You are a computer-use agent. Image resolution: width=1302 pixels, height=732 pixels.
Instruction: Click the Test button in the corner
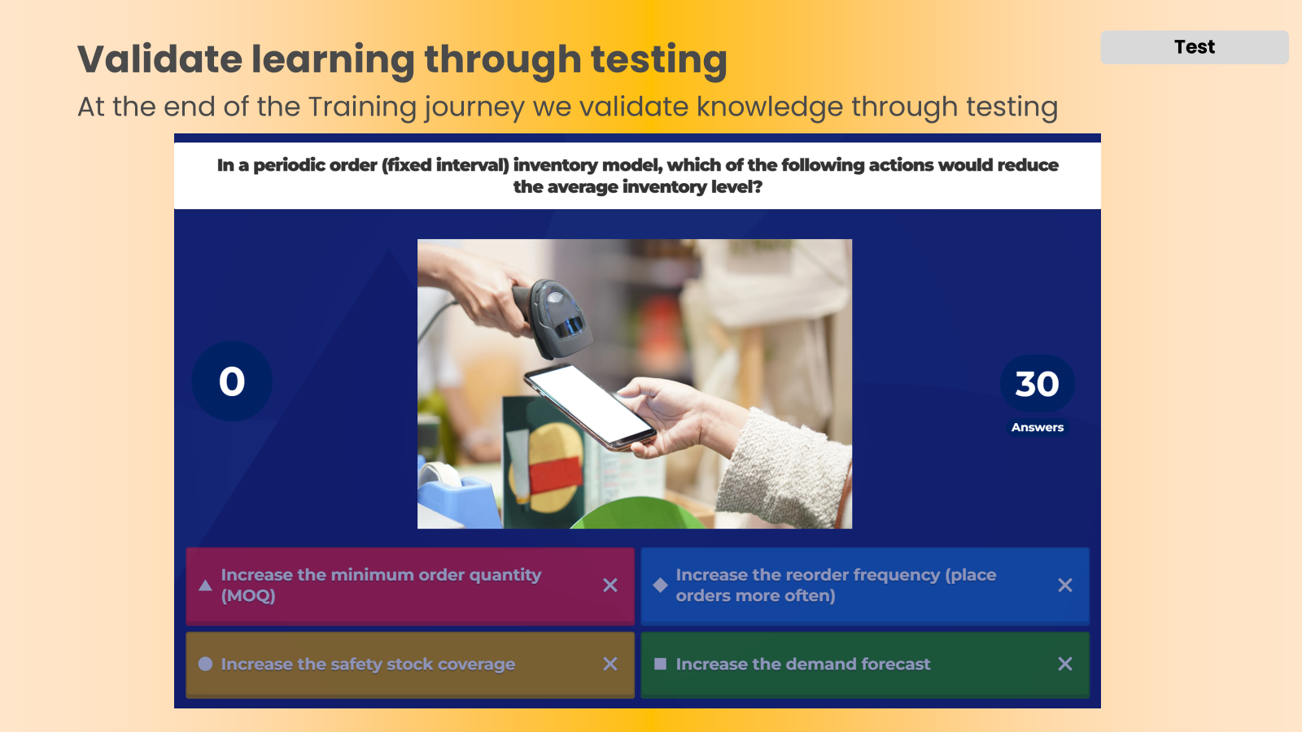1194,47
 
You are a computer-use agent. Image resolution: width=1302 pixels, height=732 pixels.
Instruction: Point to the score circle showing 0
232,381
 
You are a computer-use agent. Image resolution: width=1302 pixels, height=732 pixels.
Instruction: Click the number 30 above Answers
1037,384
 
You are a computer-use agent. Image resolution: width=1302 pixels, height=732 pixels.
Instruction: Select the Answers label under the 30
1037,427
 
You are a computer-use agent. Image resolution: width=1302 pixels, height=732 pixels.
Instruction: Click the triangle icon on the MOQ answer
205,585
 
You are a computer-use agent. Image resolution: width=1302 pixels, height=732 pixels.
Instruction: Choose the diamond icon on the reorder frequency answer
660,585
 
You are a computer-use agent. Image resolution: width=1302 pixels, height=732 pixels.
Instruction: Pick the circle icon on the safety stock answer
205,664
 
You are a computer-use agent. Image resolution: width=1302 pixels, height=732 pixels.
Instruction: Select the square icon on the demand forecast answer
660,664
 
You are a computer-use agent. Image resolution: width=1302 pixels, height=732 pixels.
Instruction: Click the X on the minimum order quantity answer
610,585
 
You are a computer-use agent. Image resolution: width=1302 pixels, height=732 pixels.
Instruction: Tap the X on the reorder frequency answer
1065,585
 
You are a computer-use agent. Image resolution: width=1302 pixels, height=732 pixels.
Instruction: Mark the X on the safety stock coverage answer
610,664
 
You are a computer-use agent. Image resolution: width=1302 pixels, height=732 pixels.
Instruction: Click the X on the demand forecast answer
1065,664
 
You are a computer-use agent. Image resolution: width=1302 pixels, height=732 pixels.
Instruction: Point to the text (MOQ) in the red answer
248,596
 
